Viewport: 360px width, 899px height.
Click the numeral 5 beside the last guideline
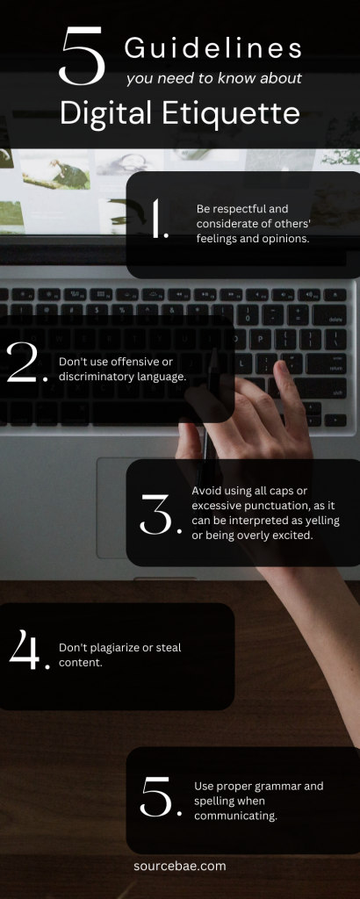tap(159, 797)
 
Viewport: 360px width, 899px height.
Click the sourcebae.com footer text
tap(179, 866)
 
